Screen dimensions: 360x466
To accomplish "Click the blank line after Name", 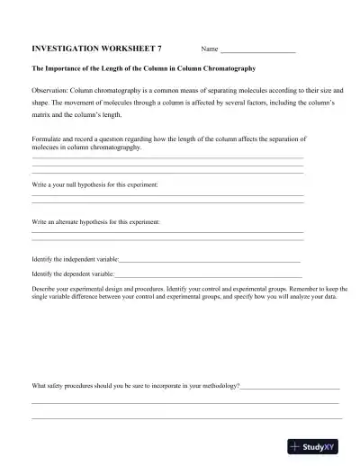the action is (258, 50).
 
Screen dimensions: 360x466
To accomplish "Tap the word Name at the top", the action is (210, 49).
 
